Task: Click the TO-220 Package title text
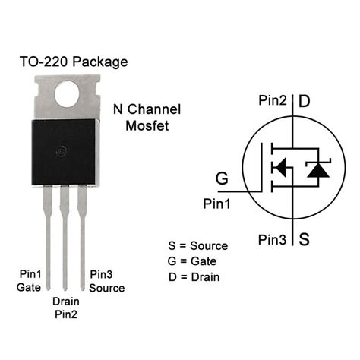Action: [x=73, y=62]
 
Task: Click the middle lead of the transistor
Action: [x=65, y=228]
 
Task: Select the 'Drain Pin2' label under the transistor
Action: [x=65, y=307]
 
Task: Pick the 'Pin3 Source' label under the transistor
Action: [x=106, y=281]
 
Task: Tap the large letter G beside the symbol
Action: [x=222, y=178]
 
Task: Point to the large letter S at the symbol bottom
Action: [x=304, y=240]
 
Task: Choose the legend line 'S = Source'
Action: [x=197, y=246]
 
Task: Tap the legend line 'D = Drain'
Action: [x=194, y=276]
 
